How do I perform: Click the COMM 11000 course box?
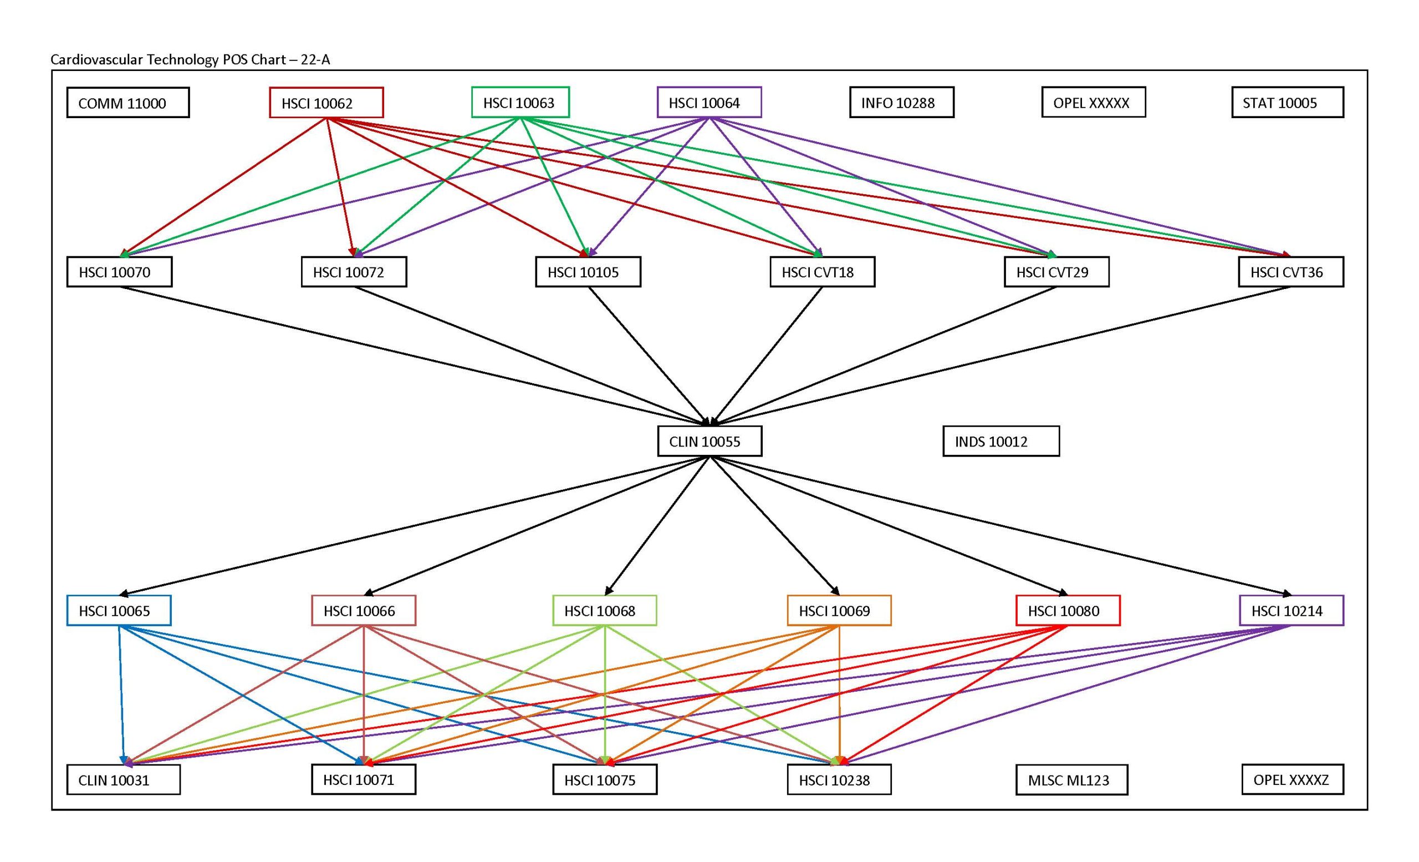coord(128,103)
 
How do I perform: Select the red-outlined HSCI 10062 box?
coord(326,103)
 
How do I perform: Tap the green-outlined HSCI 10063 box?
coord(520,102)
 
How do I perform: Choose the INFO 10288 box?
coord(901,102)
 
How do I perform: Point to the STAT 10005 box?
coord(1287,103)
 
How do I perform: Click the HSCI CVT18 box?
coord(822,272)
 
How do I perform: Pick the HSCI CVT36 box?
coord(1290,272)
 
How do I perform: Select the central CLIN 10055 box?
coord(709,442)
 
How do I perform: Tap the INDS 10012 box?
coord(1001,442)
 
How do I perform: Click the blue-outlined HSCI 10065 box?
coord(119,610)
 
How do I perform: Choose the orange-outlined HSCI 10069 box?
coord(839,610)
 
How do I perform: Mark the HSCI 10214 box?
coord(1291,610)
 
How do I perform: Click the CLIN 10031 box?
coord(123,779)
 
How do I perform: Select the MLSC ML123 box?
coord(1071,779)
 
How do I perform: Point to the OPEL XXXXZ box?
coord(1292,779)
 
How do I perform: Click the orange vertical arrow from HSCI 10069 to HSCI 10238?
coord(839,692)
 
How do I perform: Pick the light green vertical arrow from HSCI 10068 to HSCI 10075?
coord(605,692)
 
